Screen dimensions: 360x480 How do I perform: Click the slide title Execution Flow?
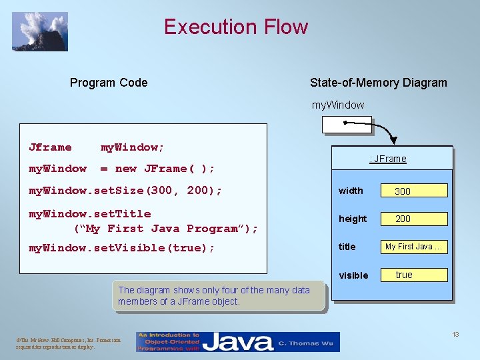coord(236,27)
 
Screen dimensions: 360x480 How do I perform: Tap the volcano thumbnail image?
coord(39,31)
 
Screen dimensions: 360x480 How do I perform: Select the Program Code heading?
coord(109,83)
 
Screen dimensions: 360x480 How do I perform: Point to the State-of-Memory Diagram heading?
coord(378,83)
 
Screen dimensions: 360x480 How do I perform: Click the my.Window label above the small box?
coord(338,105)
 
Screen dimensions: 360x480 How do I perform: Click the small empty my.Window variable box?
coord(346,125)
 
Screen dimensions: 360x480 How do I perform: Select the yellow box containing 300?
coord(414,191)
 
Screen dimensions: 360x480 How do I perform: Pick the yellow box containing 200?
coord(414,219)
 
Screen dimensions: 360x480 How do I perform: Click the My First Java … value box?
coord(414,247)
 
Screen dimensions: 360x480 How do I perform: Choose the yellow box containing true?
coord(414,275)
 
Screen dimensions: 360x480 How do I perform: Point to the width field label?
coord(351,191)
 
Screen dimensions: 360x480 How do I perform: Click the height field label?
coord(353,219)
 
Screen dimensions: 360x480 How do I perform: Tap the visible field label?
coord(353,275)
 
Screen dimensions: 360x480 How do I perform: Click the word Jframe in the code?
coord(50,147)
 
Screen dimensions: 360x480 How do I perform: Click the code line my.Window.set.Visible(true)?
coord(122,248)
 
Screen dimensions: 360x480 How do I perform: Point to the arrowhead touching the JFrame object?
coord(393,141)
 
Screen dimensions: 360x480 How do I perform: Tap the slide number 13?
coord(455,334)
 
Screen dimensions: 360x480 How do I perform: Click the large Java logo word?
coord(238,342)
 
